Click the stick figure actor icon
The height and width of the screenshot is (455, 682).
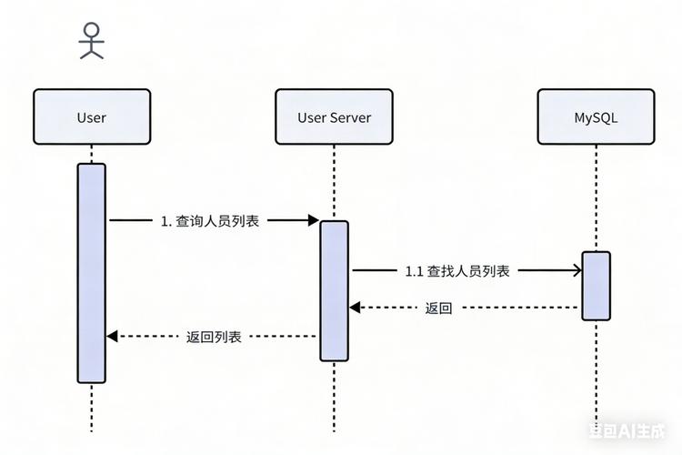pos(91,41)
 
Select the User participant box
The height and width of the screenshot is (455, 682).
pos(91,116)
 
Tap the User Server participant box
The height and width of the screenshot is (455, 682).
pos(334,116)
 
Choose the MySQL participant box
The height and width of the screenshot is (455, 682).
pos(596,116)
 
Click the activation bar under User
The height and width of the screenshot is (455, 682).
pos(91,273)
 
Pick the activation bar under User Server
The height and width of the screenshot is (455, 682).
pos(334,289)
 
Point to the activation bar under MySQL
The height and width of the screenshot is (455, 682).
pos(596,285)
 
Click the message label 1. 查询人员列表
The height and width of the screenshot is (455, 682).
pos(210,220)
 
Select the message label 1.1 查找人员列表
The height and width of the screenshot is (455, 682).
pos(456,270)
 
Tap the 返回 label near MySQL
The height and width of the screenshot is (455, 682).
pos(438,308)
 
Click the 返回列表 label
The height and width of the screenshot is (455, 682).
pos(214,337)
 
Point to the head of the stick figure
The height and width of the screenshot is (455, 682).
pos(91,28)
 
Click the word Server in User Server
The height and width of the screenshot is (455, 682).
pos(351,116)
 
